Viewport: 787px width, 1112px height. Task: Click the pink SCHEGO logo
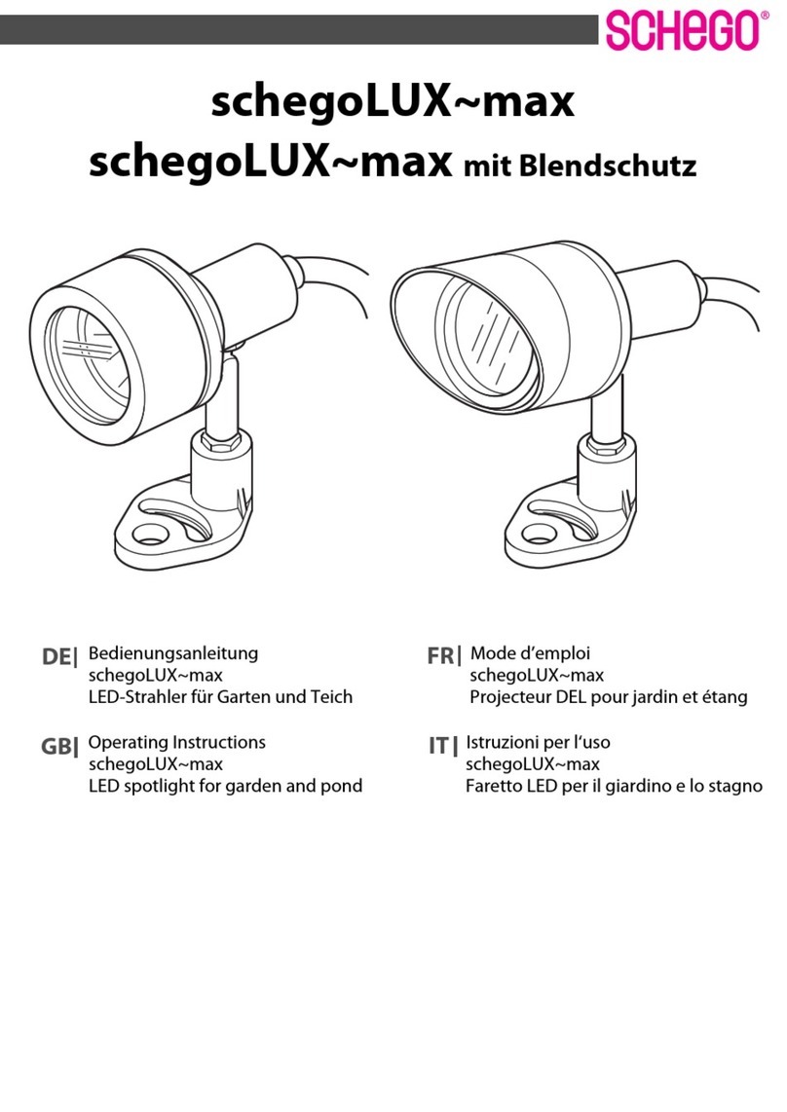(x=682, y=30)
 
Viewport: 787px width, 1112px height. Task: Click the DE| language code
(x=58, y=658)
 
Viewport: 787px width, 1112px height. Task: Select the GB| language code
(x=58, y=748)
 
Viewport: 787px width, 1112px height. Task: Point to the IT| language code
(x=442, y=747)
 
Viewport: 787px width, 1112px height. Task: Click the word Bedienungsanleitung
(x=172, y=653)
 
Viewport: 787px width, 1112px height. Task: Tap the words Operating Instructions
(x=176, y=742)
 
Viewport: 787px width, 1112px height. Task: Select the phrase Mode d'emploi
(x=530, y=653)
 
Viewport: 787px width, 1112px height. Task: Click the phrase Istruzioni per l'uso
(x=538, y=742)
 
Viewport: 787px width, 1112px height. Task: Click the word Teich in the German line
(x=329, y=697)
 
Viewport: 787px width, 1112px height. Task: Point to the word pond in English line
(x=341, y=786)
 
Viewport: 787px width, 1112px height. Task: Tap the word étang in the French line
(x=723, y=698)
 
